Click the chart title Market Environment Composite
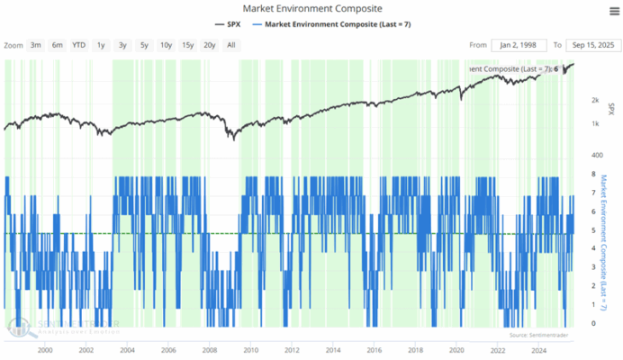point(311,8)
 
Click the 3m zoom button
point(35,44)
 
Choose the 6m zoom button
point(57,44)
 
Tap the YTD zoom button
point(79,44)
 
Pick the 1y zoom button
point(101,44)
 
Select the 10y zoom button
point(166,44)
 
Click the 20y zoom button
point(209,44)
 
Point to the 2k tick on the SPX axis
point(595,101)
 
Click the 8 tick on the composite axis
point(592,175)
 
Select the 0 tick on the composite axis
point(592,324)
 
